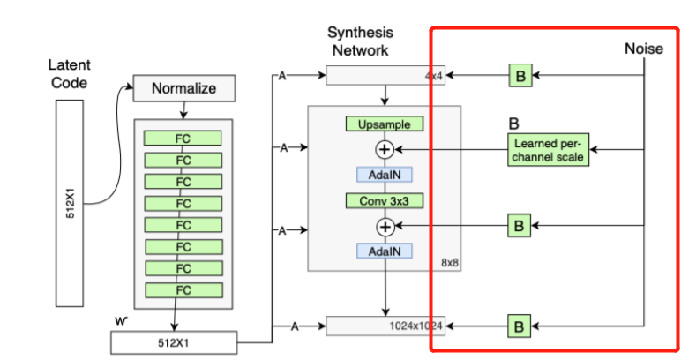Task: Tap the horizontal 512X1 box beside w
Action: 176,342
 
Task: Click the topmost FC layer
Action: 183,138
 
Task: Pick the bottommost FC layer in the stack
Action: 183,289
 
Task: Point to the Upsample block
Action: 384,124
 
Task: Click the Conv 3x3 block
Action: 384,200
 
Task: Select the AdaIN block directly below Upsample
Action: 384,174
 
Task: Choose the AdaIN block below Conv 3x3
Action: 384,251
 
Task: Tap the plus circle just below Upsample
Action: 385,149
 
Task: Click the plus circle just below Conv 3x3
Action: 385,227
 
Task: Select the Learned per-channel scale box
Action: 548,150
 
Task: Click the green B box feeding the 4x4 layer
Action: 520,76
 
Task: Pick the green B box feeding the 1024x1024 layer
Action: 520,326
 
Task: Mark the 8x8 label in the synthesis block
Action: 449,262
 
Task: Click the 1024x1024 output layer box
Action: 385,326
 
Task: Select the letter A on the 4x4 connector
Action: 283,77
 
